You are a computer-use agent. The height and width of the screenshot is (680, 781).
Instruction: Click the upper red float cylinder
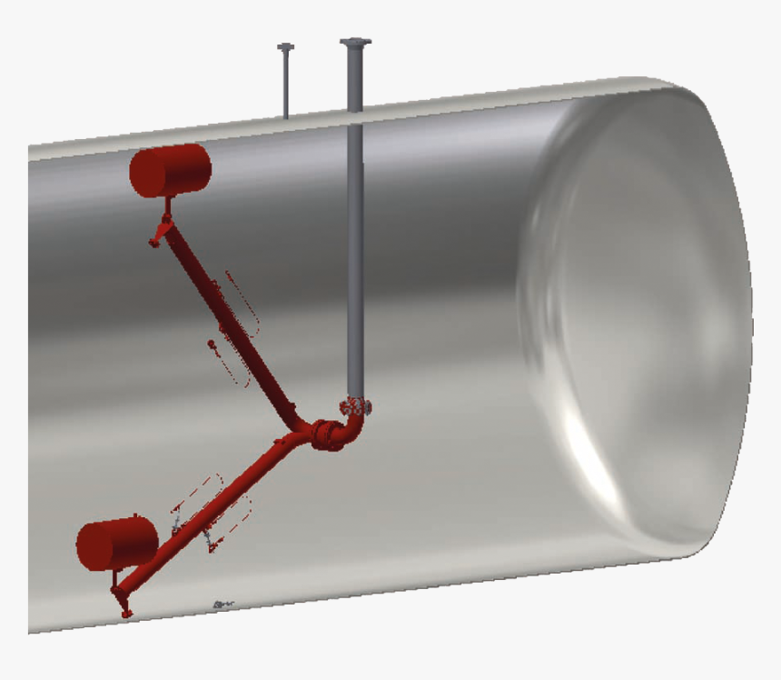coord(171,170)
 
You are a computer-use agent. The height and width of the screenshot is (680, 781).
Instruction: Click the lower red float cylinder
coord(116,544)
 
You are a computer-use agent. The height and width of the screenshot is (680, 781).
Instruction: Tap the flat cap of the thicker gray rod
coord(355,42)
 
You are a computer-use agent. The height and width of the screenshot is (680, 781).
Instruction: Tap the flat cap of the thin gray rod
coord(286,46)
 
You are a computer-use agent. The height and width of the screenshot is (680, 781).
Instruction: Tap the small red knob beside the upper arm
coord(210,344)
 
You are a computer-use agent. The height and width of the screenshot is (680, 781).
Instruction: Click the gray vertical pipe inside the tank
coord(355,273)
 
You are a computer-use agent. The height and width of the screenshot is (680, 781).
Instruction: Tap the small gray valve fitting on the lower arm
coord(178,525)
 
